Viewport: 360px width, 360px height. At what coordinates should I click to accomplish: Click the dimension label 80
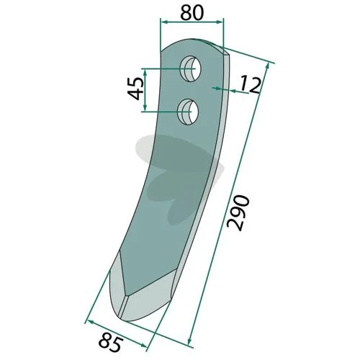click(x=192, y=13)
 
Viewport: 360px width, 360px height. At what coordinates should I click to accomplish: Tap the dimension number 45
click(x=136, y=89)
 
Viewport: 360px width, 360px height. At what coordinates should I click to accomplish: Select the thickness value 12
click(x=250, y=84)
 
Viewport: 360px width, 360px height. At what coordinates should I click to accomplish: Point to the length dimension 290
click(x=238, y=213)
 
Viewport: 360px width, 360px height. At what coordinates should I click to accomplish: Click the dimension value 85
click(x=111, y=341)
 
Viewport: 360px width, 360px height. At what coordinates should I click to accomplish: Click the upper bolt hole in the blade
click(x=191, y=69)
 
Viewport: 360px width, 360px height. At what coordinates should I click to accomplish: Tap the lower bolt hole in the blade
click(x=188, y=112)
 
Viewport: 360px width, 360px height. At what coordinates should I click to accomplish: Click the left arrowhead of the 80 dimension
click(x=163, y=22)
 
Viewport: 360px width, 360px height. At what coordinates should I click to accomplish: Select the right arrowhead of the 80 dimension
click(x=220, y=22)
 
